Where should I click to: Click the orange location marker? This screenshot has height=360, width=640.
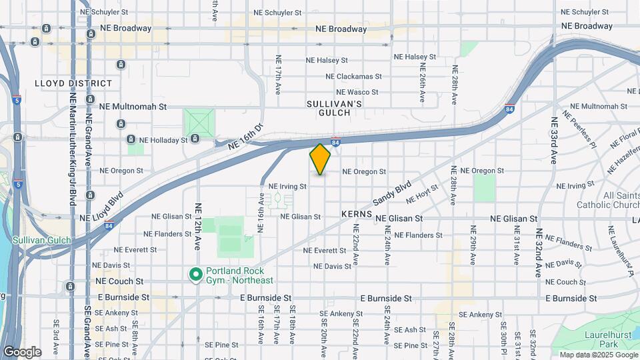tap(320, 159)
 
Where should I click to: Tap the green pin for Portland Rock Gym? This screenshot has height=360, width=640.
tap(195, 275)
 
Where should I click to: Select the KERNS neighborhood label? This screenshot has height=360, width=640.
tap(356, 214)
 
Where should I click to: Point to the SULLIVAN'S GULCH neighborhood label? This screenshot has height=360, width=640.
tap(334, 108)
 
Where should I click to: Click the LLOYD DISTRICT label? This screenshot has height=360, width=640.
tap(74, 83)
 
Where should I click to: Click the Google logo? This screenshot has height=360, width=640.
tap(21, 352)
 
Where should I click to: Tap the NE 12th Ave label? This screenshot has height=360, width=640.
tap(198, 227)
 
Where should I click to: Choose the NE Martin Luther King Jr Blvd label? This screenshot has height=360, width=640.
tap(73, 150)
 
